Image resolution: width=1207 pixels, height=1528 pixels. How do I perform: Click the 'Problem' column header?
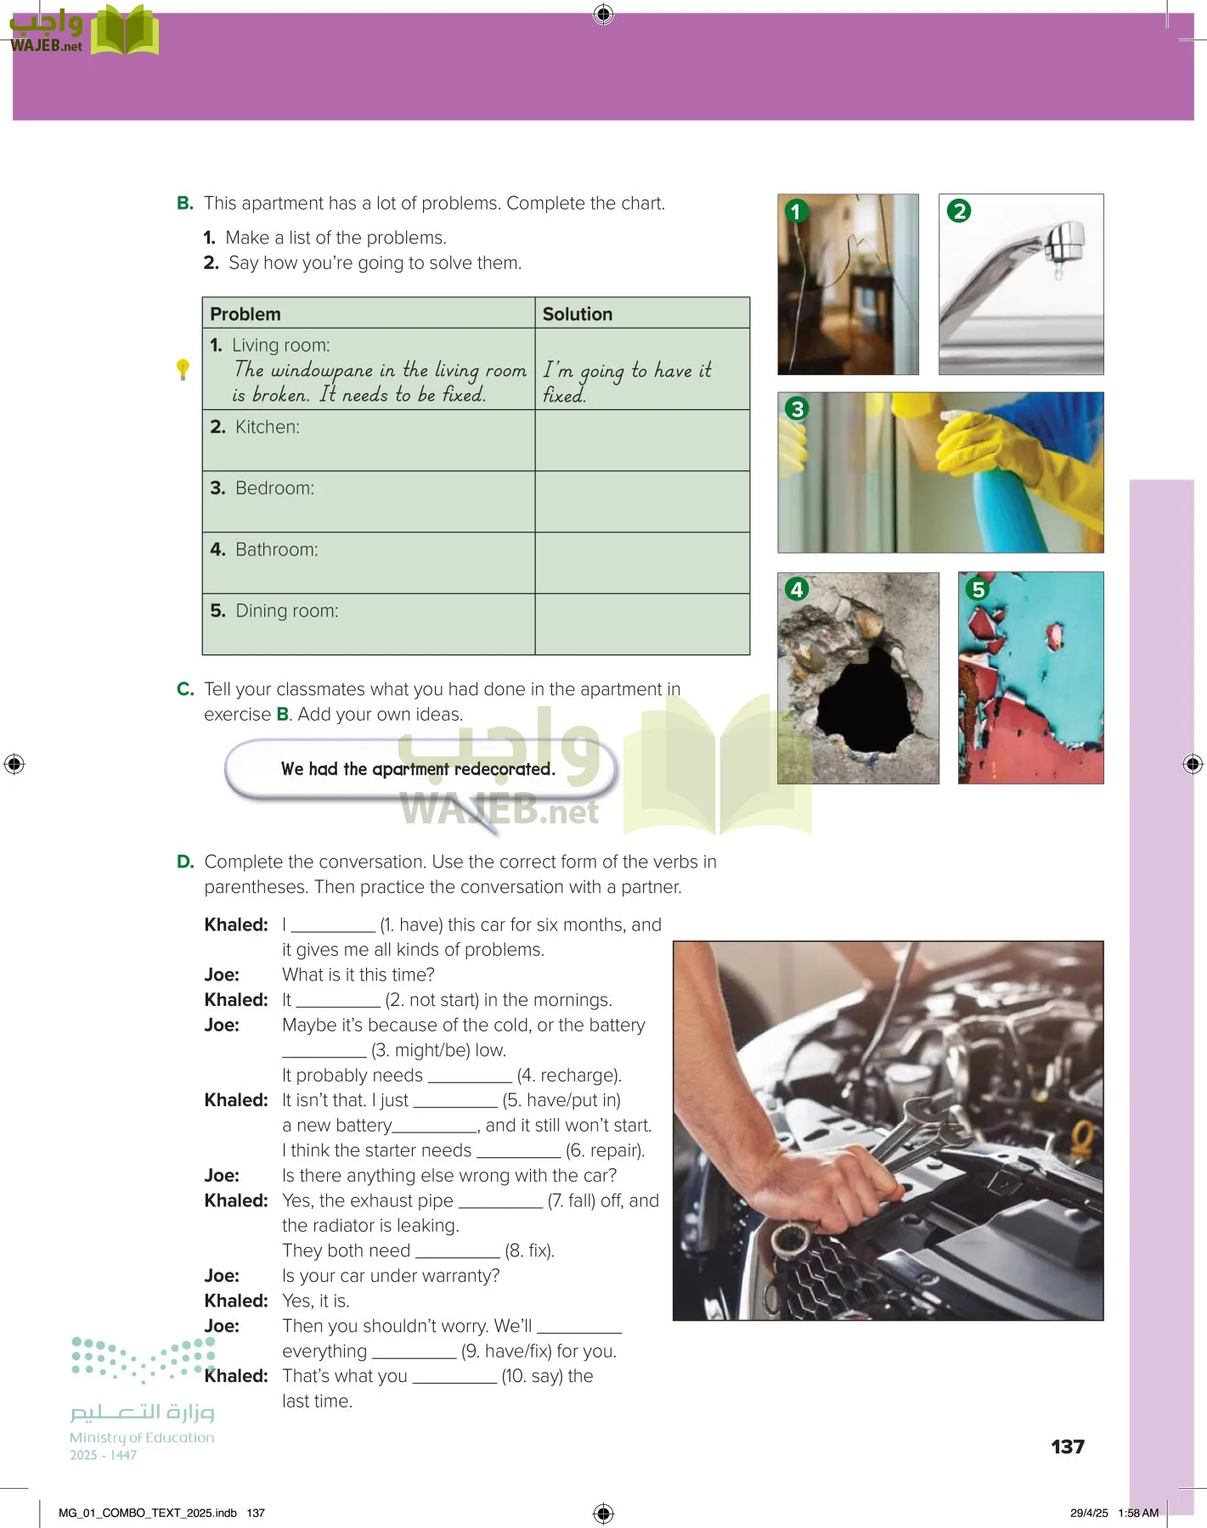(245, 314)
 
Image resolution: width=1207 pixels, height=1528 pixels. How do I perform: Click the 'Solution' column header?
(578, 314)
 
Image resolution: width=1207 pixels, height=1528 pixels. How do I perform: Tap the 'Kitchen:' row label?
(267, 427)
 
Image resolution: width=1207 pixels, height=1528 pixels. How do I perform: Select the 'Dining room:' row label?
(286, 611)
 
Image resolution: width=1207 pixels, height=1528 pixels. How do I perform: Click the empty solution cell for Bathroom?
(642, 563)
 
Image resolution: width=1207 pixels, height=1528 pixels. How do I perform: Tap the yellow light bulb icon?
(183, 369)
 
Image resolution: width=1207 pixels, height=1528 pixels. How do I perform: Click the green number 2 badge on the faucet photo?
(959, 211)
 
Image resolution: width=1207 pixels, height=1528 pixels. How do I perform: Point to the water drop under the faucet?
(1058, 272)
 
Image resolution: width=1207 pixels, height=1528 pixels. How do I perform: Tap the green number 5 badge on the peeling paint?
(979, 589)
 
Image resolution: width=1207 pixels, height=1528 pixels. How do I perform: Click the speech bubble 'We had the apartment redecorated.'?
(418, 769)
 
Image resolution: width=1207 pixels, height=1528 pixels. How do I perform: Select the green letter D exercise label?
(185, 862)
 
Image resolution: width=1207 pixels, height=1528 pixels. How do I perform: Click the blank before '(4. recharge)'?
(470, 1076)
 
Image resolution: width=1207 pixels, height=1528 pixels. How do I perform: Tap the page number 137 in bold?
(1068, 1447)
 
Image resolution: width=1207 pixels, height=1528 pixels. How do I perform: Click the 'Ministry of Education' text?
(142, 1438)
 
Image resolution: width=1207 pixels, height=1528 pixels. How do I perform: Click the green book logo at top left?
(125, 31)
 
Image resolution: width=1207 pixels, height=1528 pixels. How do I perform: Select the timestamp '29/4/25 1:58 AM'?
(1114, 1513)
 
